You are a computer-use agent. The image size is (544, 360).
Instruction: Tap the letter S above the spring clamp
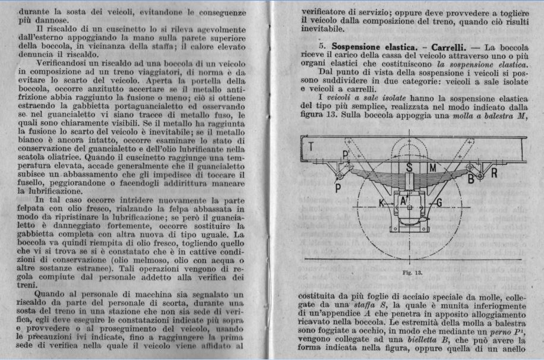[410, 168]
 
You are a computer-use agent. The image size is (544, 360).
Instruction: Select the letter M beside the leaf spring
[432, 168]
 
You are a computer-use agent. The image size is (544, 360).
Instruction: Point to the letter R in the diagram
[493, 173]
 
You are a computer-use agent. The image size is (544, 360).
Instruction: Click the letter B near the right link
[470, 178]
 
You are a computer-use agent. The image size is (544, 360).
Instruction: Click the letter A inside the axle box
[403, 201]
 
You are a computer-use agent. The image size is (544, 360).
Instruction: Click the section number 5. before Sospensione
[323, 46]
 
